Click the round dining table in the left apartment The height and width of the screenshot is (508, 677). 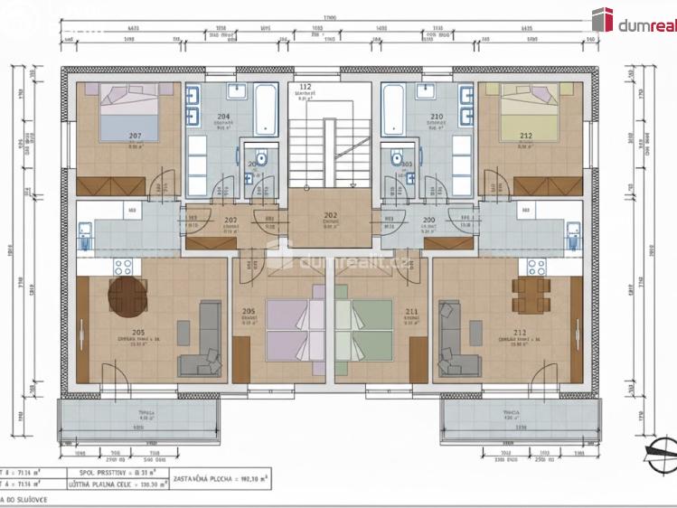127,295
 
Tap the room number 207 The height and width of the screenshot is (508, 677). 135,136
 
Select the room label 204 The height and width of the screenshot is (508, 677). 222,117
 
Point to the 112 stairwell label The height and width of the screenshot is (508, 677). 305,88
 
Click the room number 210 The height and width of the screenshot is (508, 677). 437,117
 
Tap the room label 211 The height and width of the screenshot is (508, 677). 411,312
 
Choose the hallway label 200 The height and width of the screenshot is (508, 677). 428,220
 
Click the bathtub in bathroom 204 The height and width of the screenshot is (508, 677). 266,110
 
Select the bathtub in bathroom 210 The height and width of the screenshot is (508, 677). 394,110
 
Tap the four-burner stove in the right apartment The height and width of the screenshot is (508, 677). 536,267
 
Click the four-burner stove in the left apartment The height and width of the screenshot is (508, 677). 123,267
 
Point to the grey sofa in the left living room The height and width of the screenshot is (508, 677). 204,340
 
